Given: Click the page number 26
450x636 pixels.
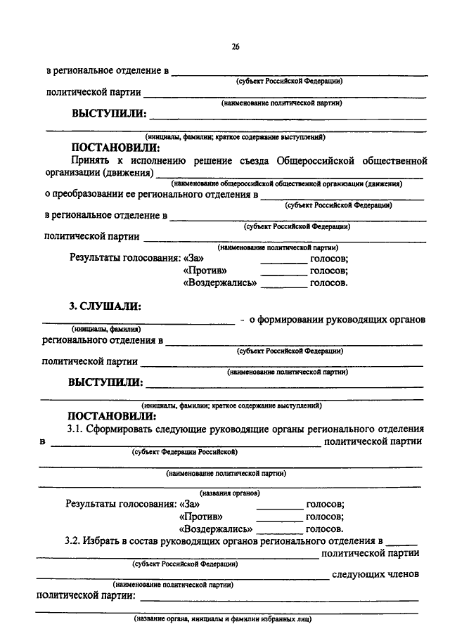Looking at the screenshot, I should tap(235, 47).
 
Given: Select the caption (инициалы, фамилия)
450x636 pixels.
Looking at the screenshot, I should tap(106, 329).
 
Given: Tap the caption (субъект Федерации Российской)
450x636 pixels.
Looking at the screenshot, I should tap(184, 451).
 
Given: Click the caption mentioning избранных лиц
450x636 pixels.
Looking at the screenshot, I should tap(223, 618).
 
